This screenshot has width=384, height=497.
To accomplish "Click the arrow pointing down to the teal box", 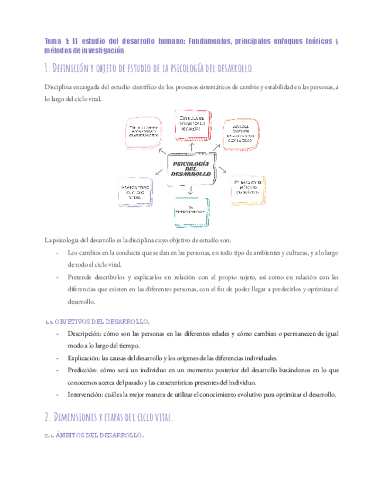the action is point(191,190).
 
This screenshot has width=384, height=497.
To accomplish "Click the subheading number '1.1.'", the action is point(50,321).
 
